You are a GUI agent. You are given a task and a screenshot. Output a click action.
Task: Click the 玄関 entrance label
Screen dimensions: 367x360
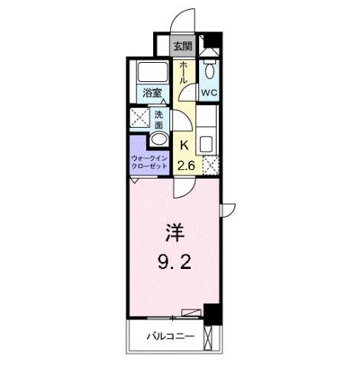click(x=182, y=47)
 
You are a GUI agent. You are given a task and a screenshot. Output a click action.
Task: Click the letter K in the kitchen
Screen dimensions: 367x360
click(x=184, y=146)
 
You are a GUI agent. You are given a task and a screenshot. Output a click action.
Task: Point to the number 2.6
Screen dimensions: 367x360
click(x=185, y=166)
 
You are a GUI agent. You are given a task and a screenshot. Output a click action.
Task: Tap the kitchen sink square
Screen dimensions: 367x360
click(x=206, y=143)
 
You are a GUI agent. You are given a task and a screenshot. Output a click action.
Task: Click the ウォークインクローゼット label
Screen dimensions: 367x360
click(x=149, y=162)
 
